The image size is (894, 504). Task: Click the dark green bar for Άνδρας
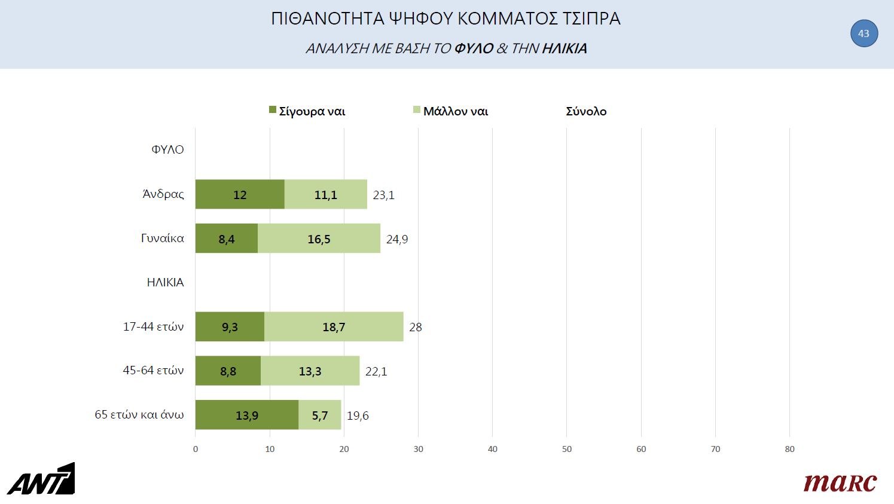tap(240, 194)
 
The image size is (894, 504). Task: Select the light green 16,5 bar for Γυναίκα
tap(319, 239)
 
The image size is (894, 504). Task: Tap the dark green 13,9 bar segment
tap(246, 415)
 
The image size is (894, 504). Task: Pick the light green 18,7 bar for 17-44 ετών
tap(334, 326)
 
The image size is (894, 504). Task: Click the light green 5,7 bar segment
tap(320, 415)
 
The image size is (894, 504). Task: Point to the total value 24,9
tap(397, 239)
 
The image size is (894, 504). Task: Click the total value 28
tap(416, 327)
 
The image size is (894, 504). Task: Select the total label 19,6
tap(358, 416)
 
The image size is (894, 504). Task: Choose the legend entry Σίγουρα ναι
tap(307, 111)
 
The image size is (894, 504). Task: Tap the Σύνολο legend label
tap(586, 111)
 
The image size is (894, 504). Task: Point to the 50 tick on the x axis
tap(567, 449)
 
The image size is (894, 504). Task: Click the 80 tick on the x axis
tap(789, 449)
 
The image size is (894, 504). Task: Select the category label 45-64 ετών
tap(153, 371)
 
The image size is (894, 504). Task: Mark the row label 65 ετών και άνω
tap(139, 414)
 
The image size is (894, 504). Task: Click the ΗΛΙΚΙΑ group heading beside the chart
tap(165, 282)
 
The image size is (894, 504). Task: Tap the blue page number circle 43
tap(864, 33)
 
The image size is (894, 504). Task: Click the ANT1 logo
tap(41, 479)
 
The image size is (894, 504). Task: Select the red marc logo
tap(840, 482)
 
